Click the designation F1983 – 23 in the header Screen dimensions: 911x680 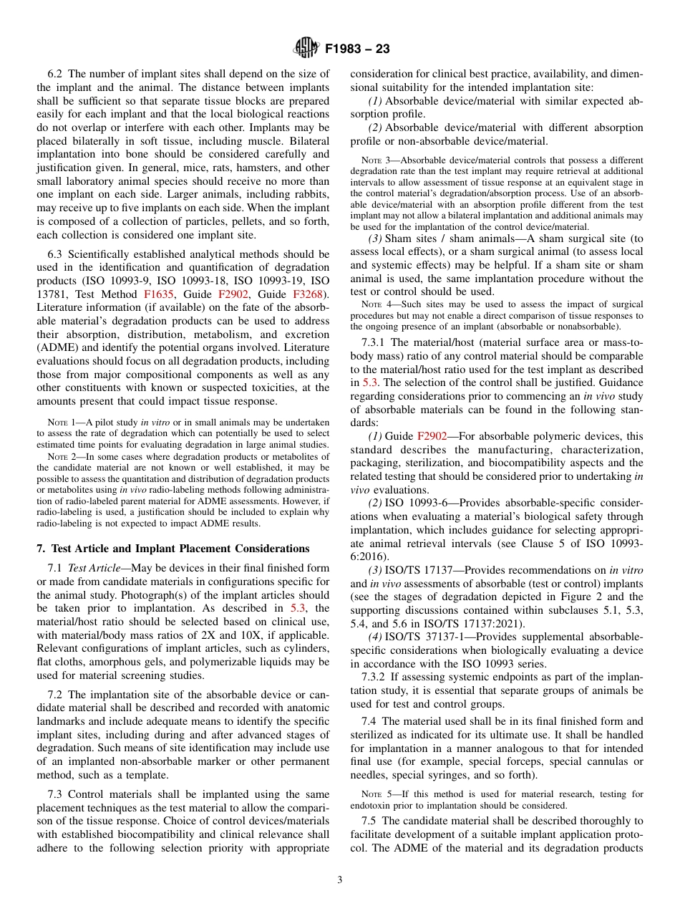tap(357, 49)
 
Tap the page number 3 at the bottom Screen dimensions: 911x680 tap(339, 879)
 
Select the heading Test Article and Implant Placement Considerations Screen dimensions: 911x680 tap(173, 549)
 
